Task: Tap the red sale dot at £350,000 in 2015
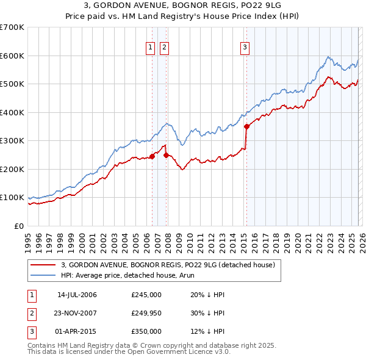pos(247,127)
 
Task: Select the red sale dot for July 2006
pos(152,156)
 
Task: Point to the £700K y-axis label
pos(12,27)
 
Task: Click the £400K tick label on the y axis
pos(12,112)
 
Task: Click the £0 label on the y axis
pos(19,226)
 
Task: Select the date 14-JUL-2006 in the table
pos(77,295)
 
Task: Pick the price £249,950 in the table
pos(146,313)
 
